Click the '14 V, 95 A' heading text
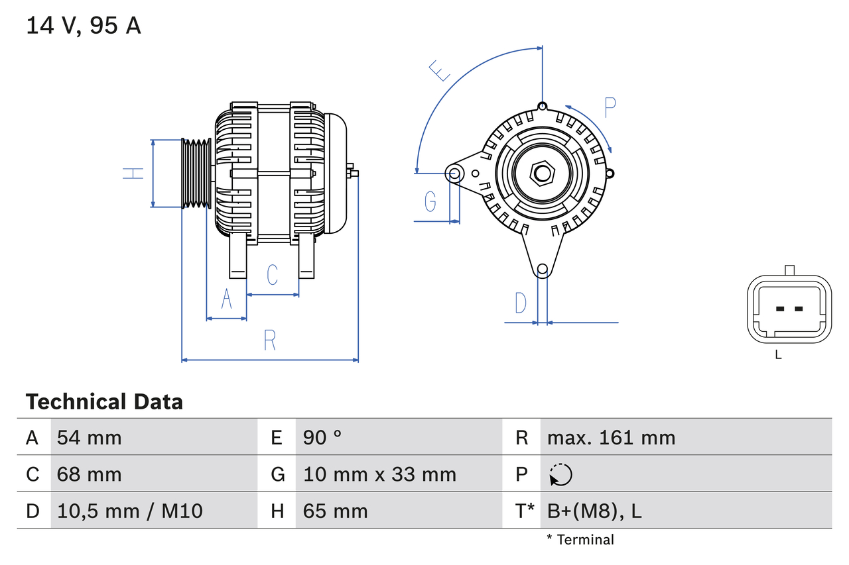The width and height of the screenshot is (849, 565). [84, 26]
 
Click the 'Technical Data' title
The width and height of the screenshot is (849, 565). [104, 401]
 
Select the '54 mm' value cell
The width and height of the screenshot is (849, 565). [90, 437]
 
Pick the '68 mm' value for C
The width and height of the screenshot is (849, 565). [90, 474]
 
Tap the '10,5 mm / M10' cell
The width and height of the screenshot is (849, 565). [130, 511]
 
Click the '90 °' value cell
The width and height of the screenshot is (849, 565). [322, 437]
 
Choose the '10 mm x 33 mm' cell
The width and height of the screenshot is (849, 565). [379, 474]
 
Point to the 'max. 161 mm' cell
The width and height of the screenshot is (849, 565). [611, 437]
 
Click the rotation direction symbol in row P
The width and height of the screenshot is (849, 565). [560, 474]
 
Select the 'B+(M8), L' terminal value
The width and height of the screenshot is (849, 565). [594, 511]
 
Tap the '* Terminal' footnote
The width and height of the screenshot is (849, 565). [580, 539]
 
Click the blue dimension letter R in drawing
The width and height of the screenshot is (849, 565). [269, 340]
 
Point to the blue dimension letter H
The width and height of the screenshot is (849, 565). [133, 173]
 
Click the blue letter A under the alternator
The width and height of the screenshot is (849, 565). [227, 299]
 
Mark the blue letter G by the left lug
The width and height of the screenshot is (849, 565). [430, 201]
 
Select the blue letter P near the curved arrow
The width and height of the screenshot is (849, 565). [610, 107]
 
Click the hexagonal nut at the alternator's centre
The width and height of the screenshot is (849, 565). [543, 174]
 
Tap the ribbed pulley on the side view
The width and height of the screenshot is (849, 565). [196, 173]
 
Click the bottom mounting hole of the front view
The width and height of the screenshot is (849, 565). [543, 269]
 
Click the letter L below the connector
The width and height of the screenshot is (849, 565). [779, 354]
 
